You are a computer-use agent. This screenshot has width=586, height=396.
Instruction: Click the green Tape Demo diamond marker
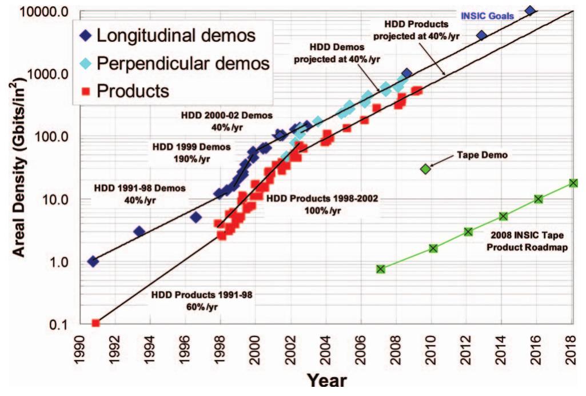click(425, 169)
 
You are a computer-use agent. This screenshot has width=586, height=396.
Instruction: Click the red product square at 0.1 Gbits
click(95, 323)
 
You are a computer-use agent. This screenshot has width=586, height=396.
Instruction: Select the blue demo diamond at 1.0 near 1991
click(93, 261)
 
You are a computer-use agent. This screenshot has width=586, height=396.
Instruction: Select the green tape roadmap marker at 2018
click(573, 183)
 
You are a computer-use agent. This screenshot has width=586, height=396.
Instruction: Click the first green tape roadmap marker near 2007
click(381, 269)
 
